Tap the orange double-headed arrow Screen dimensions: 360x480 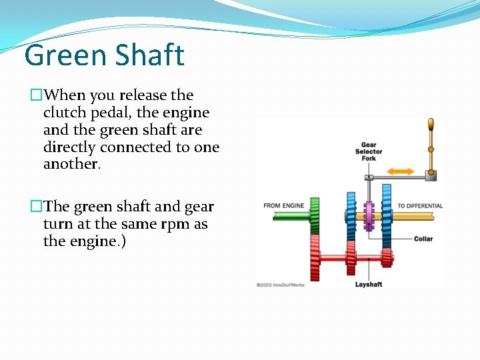point(401,171)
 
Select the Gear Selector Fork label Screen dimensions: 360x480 point(369,151)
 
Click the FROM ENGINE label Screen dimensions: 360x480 point(283,205)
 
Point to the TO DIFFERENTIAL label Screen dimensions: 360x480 point(420,205)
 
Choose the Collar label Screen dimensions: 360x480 point(423,239)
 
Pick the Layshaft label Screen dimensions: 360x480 point(369,285)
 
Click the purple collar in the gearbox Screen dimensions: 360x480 point(368,215)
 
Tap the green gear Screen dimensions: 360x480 point(315,215)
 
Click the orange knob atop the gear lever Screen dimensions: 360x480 point(431,125)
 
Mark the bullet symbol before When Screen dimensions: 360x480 point(36,95)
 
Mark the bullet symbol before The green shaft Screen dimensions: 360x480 point(36,207)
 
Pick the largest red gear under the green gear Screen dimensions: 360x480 point(315,257)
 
